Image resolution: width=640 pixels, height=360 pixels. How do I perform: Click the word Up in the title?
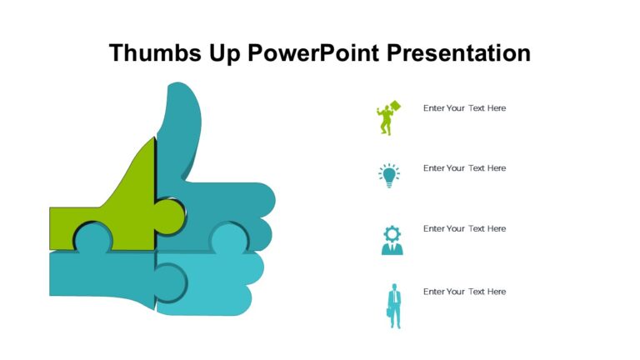(222, 53)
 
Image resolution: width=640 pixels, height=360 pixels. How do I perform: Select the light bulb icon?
(389, 175)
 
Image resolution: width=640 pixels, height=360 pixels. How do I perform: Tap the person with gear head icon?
(392, 240)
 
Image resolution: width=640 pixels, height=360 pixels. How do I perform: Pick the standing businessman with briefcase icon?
(393, 306)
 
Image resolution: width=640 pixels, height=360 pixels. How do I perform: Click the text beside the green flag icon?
(464, 108)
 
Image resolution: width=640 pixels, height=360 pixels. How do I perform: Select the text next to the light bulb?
(464, 168)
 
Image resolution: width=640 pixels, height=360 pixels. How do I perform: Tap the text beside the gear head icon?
(464, 228)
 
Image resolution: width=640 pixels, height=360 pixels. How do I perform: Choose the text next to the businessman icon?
(464, 292)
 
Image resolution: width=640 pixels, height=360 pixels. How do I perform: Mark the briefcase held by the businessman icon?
(388, 312)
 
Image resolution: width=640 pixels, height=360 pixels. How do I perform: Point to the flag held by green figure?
(394, 107)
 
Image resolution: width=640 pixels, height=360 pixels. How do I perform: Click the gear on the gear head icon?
(392, 232)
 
